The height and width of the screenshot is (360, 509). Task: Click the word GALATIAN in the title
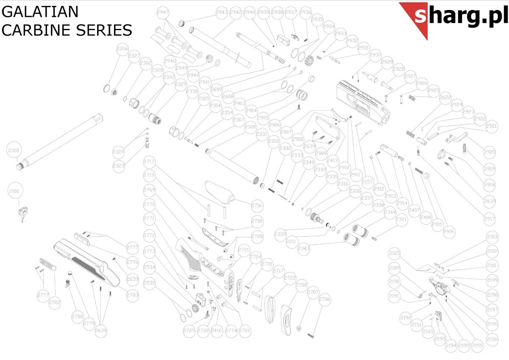40,11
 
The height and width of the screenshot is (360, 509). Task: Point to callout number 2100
14,192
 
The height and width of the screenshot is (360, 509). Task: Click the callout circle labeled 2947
163,12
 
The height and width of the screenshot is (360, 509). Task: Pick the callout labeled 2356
122,49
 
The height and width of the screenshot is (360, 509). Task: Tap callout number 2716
257,206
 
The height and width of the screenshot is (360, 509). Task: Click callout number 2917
489,219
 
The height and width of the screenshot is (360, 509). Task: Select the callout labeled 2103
492,237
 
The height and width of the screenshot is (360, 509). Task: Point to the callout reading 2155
478,346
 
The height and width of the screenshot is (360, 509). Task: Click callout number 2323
119,166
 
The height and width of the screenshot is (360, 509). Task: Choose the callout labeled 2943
221,12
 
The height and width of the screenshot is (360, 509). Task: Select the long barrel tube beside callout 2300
59,142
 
